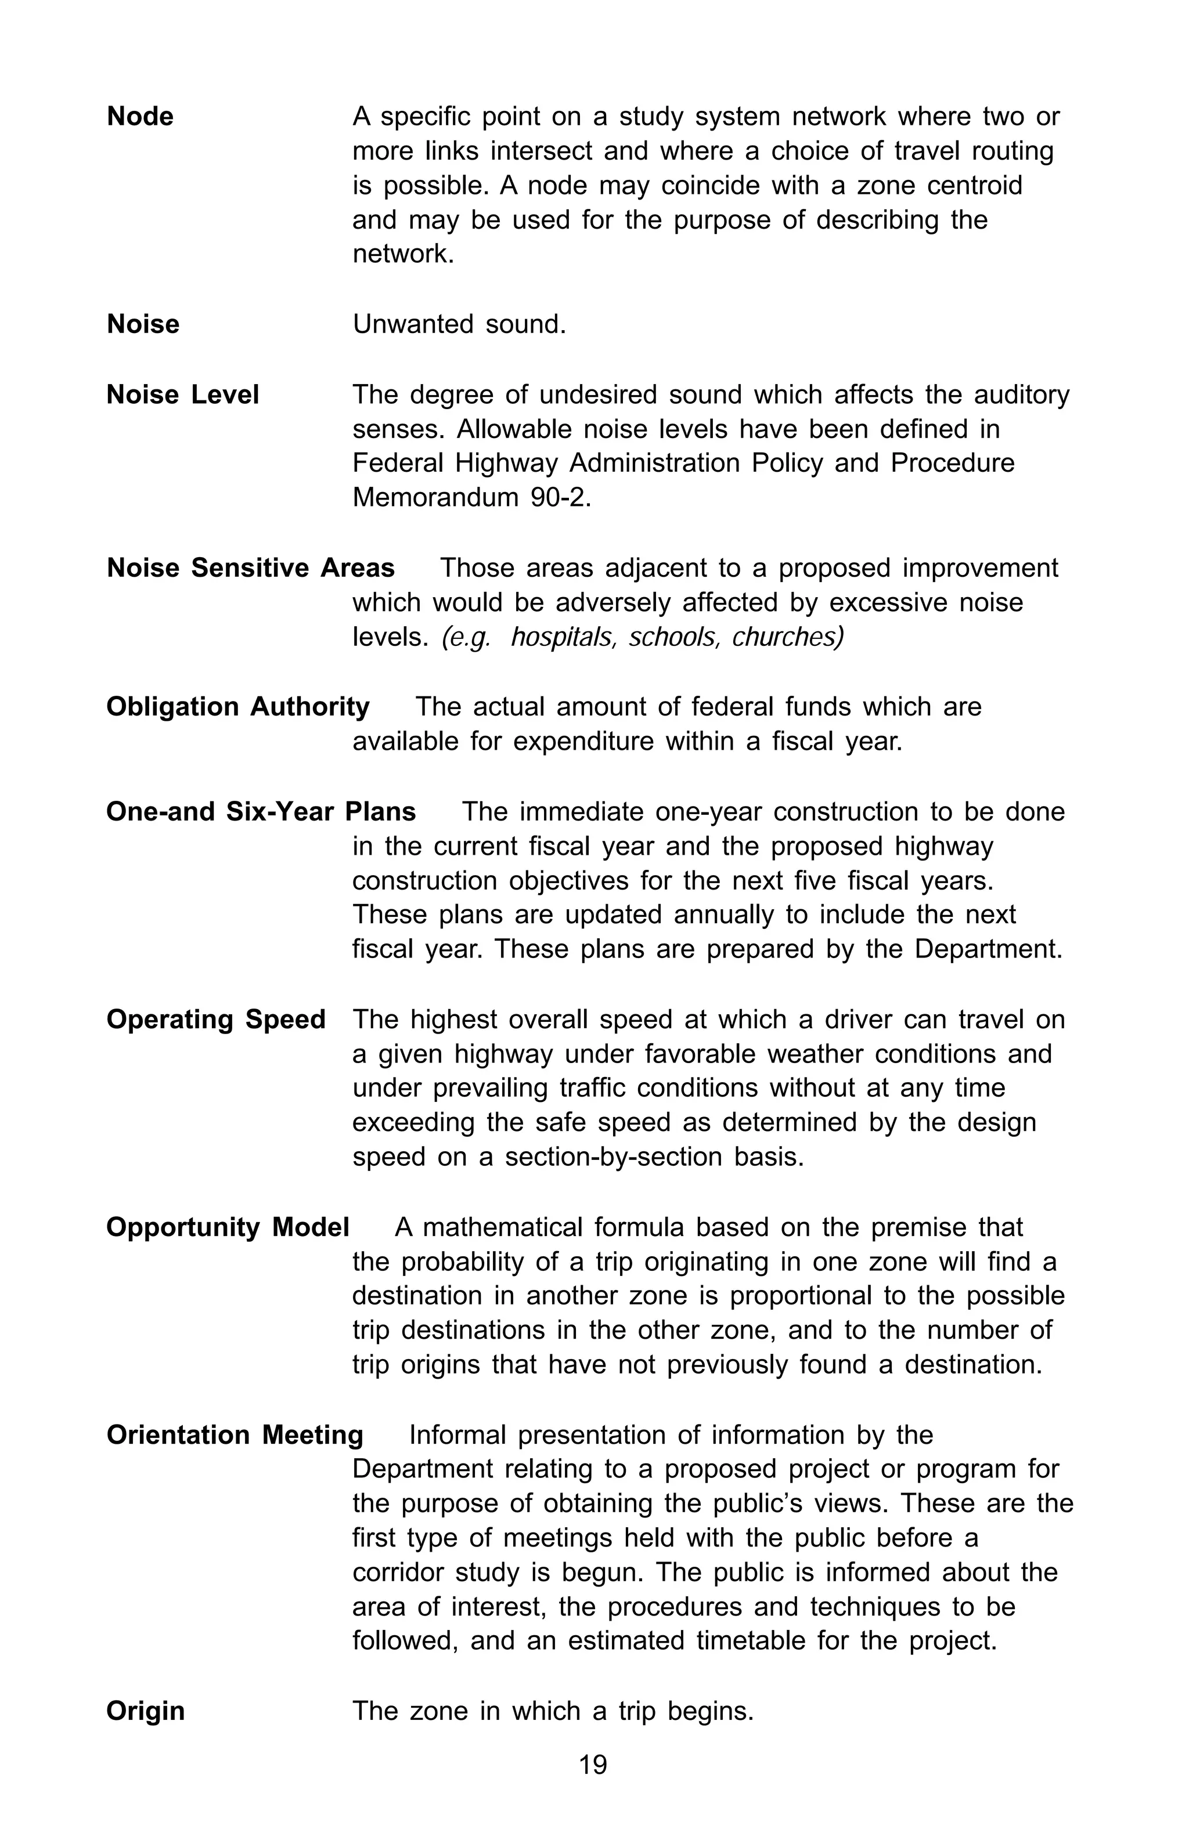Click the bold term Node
pyautogui.click(x=140, y=117)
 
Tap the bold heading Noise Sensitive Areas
pyautogui.click(x=250, y=568)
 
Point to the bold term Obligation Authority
pyautogui.click(x=237, y=707)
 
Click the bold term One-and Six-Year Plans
pyautogui.click(x=261, y=812)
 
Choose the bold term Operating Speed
pyautogui.click(x=216, y=1019)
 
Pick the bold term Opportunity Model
pyautogui.click(x=228, y=1227)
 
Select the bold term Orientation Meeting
pyautogui.click(x=235, y=1435)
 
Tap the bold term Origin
pyautogui.click(x=145, y=1711)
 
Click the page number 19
pyautogui.click(x=593, y=1764)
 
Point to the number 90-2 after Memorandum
pyautogui.click(x=560, y=497)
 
